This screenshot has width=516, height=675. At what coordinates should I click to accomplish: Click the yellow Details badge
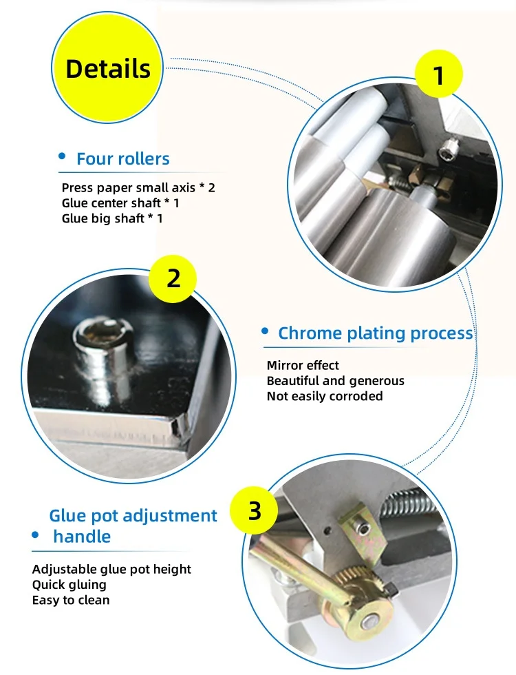[107, 67]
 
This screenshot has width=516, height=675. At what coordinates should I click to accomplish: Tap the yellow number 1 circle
[439, 74]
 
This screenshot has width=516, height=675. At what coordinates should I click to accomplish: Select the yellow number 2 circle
[173, 278]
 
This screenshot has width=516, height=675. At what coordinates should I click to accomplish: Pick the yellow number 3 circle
[254, 510]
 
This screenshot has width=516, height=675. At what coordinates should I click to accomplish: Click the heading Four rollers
[123, 158]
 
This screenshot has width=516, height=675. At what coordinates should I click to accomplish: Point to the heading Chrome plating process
[376, 333]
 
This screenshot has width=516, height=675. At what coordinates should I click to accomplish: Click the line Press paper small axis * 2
[138, 187]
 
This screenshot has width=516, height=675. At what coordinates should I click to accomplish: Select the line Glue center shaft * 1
[120, 202]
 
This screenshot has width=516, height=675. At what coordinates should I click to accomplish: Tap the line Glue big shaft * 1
[112, 218]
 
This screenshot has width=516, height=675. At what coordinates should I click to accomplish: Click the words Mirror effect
[303, 365]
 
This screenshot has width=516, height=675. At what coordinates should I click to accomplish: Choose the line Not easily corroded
[325, 396]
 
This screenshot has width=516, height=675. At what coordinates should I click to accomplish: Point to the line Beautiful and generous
[336, 380]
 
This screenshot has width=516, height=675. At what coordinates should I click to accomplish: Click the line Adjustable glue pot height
[111, 569]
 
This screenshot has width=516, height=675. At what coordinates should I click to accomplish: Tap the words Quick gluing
[69, 585]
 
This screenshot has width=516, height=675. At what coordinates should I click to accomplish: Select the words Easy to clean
[71, 600]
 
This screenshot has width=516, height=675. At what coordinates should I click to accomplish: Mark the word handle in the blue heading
[82, 537]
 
